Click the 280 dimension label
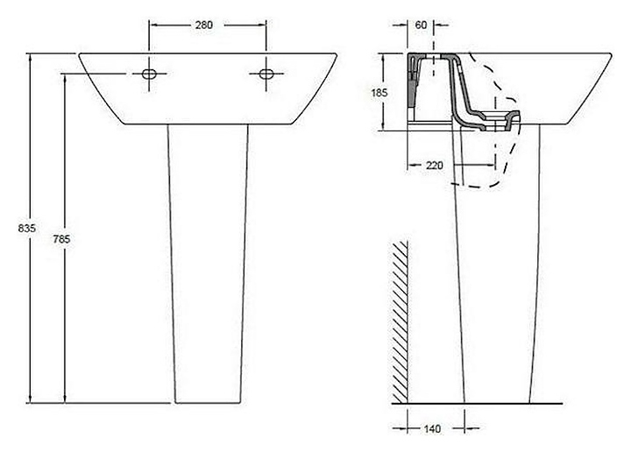click(x=203, y=25)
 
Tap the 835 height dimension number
click(x=27, y=228)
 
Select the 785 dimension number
click(x=61, y=239)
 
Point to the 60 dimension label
click(x=421, y=25)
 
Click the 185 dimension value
click(x=379, y=93)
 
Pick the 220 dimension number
click(x=434, y=166)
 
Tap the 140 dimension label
click(x=432, y=428)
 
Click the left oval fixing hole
click(x=149, y=74)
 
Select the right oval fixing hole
click(x=266, y=74)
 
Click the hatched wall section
click(x=401, y=321)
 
